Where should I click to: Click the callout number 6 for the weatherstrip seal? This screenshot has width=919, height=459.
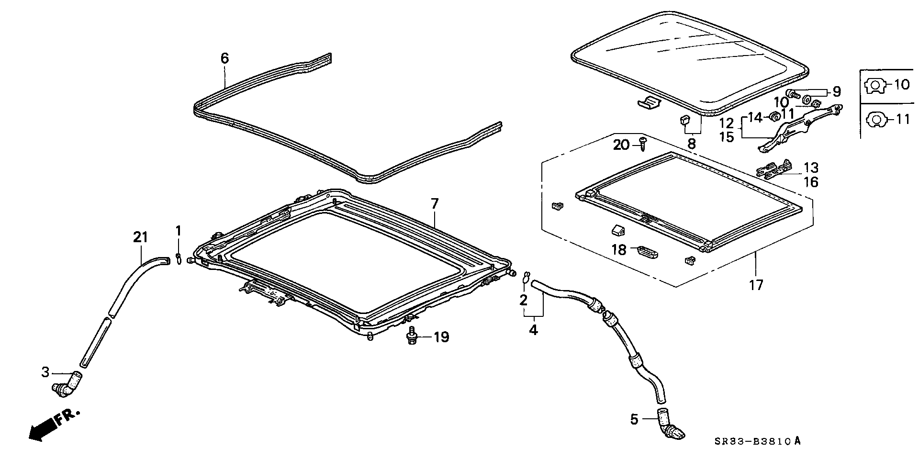tap(224, 58)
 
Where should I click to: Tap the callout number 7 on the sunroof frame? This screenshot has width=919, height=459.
tap(434, 204)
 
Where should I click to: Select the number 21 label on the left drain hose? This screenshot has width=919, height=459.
tap(140, 237)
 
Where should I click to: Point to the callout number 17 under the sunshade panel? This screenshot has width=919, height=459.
tap(756, 286)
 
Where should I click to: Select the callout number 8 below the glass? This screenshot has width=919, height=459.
tap(691, 143)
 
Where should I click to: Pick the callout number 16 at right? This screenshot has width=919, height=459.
tap(811, 182)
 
